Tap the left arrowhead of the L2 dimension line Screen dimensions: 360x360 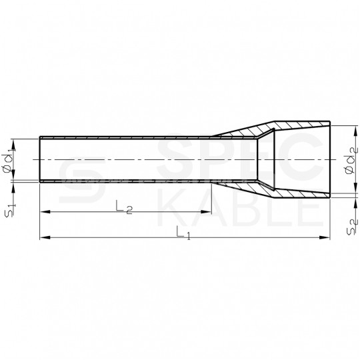(44, 212)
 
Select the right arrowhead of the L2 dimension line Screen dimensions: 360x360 (207, 212)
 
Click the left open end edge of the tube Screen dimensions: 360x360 (41, 160)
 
